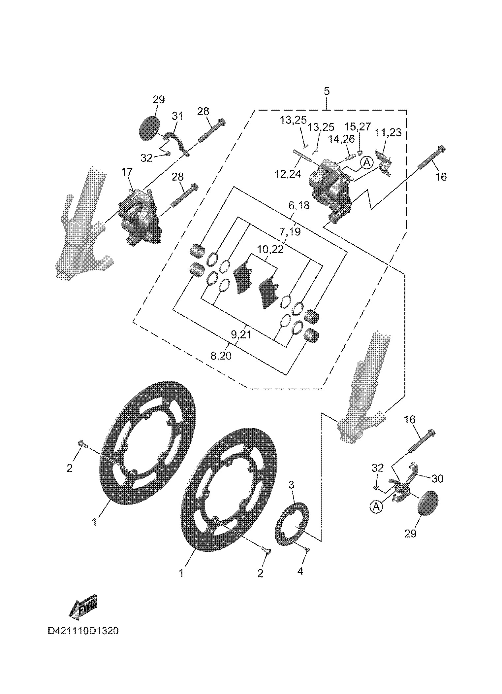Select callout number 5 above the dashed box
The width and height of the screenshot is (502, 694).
click(327, 91)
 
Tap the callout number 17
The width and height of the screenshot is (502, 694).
click(127, 172)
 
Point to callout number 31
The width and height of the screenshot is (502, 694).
click(177, 116)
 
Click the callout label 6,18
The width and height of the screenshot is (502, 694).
click(299, 206)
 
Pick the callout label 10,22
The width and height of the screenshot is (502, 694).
click(270, 249)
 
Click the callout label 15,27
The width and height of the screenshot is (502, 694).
click(358, 126)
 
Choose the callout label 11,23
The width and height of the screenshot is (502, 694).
click(388, 133)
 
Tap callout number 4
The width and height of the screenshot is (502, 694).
click(300, 571)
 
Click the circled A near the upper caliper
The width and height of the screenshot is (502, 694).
click(366, 162)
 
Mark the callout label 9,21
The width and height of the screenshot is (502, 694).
click(241, 335)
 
